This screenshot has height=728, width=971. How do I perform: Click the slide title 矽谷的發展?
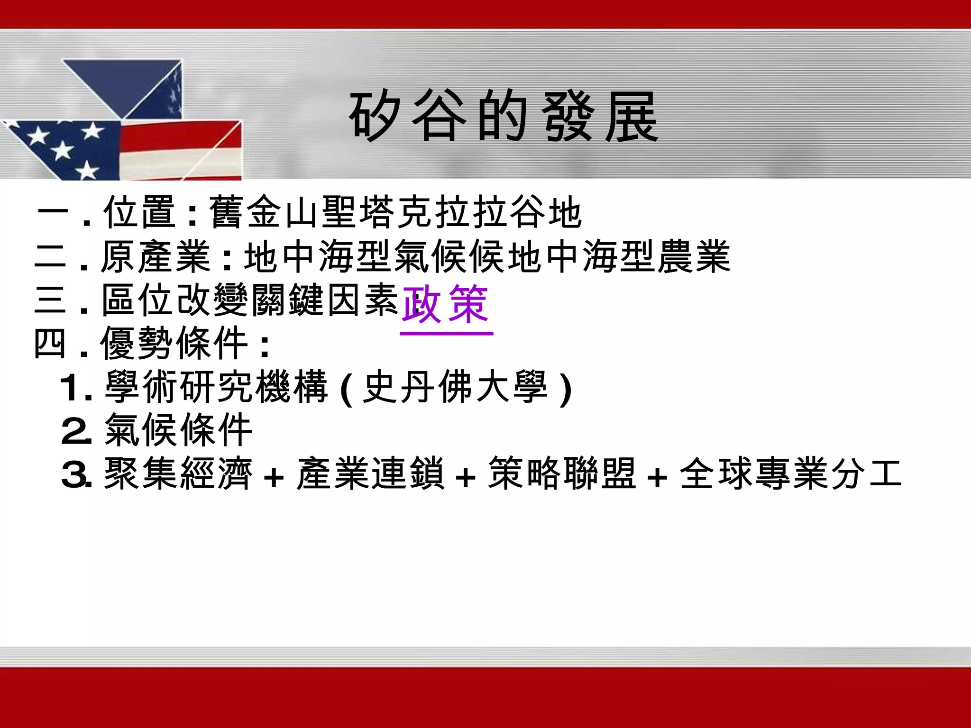click(504, 117)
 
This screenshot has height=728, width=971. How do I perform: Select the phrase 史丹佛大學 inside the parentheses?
click(455, 387)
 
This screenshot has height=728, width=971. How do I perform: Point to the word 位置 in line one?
click(140, 212)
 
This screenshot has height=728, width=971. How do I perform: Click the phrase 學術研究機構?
click(216, 387)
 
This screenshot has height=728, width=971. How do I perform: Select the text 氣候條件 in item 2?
click(178, 430)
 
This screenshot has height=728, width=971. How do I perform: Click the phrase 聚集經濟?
click(178, 473)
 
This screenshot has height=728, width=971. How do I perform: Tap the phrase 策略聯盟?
click(562, 473)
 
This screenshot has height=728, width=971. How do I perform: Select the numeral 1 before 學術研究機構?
click(71, 388)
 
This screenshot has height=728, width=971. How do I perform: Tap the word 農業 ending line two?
click(693, 256)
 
